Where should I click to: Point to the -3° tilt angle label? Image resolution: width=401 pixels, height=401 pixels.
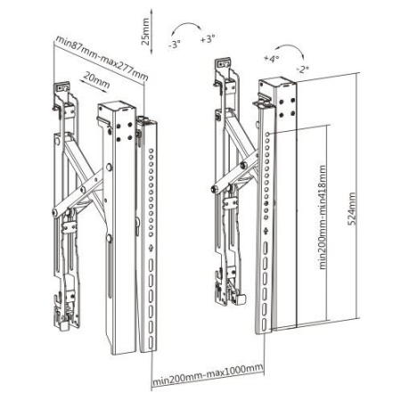pos(175,41)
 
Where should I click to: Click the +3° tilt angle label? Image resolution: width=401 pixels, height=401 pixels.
pos(208,41)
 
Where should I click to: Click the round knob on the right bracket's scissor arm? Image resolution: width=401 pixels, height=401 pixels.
pos(213,189)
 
